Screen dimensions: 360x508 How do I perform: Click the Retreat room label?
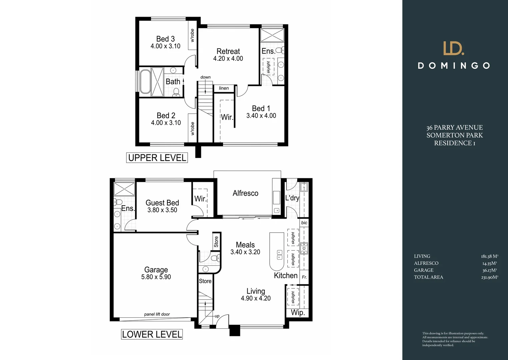pyautogui.click(x=228, y=51)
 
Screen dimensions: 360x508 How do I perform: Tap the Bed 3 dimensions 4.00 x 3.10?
pyautogui.click(x=165, y=46)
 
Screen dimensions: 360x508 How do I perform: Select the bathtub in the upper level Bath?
pyautogui.click(x=145, y=82)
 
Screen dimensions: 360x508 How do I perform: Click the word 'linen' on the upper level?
pyautogui.click(x=224, y=88)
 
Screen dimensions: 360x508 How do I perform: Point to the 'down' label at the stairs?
pyautogui.click(x=205, y=77)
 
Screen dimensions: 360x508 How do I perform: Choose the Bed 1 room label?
pyautogui.click(x=261, y=109)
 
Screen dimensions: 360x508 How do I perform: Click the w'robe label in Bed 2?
pyautogui.click(x=192, y=129)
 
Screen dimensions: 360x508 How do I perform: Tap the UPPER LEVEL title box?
pyautogui.click(x=157, y=158)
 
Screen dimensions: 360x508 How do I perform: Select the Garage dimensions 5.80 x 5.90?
pyautogui.click(x=156, y=277)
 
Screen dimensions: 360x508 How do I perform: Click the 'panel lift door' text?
pyautogui.click(x=157, y=314)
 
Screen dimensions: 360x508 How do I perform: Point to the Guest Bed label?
pyautogui.click(x=162, y=203)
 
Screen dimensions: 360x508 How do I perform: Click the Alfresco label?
pyautogui.click(x=245, y=193)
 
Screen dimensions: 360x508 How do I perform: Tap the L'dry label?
pyautogui.click(x=292, y=198)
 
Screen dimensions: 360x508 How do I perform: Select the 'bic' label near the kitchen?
pyautogui.click(x=304, y=223)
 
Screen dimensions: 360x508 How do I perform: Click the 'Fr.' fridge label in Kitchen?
pyautogui.click(x=304, y=277)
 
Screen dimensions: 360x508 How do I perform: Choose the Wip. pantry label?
pyautogui.click(x=298, y=313)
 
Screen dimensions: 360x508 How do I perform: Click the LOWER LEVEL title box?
pyautogui.click(x=152, y=334)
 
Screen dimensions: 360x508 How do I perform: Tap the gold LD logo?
pyautogui.click(x=454, y=48)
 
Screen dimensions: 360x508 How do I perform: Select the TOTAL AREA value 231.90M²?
pyautogui.click(x=489, y=277)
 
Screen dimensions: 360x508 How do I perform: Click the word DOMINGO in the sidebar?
pyautogui.click(x=454, y=66)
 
